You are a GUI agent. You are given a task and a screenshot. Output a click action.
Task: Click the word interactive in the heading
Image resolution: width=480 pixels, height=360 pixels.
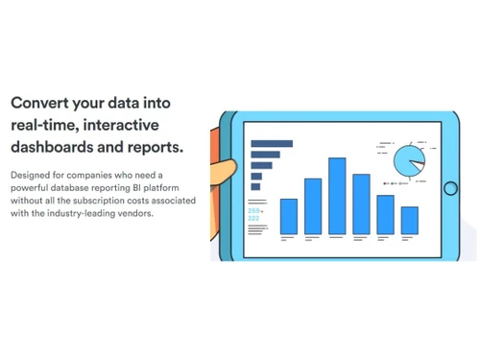[125, 126]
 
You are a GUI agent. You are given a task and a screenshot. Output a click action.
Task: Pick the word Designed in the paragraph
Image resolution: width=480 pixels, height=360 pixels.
[30, 176]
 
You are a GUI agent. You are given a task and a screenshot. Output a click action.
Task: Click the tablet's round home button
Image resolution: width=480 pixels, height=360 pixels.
[450, 188]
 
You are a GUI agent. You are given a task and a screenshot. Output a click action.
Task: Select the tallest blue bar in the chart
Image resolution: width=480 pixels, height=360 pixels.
[337, 196]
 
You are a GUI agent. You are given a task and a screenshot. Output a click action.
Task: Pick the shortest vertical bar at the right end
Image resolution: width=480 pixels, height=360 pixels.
[409, 220]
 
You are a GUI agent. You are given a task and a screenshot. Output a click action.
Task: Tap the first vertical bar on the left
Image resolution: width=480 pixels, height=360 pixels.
[288, 216]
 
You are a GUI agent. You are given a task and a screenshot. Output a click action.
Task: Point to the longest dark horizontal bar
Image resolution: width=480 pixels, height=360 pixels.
[271, 144]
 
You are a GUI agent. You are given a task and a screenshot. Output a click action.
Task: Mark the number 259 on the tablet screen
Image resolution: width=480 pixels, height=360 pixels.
[253, 210]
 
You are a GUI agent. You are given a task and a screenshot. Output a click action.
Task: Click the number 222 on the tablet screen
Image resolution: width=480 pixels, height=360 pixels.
[253, 218]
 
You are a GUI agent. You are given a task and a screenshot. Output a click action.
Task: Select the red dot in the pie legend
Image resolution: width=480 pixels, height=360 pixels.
[385, 181]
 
